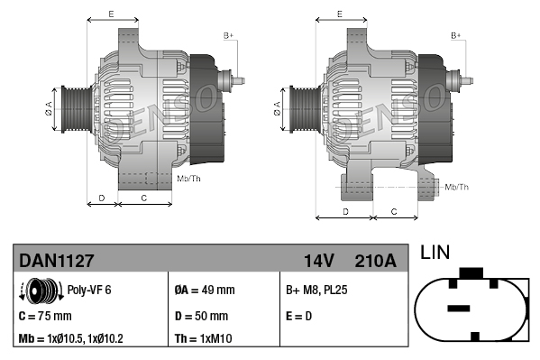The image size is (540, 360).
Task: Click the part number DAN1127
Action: tap(56, 261)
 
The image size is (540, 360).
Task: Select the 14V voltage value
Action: tap(319, 261)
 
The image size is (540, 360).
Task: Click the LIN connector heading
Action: tap(436, 254)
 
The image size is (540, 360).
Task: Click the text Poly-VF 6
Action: tap(90, 291)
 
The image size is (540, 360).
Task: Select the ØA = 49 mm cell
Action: tap(204, 291)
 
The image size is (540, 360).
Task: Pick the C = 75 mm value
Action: tap(45, 316)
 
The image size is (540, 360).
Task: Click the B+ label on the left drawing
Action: tap(228, 35)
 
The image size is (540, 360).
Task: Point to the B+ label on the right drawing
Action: tap(456, 35)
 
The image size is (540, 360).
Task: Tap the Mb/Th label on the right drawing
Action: tap(457, 187)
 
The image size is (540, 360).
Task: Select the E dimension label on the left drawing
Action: tap(110, 14)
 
